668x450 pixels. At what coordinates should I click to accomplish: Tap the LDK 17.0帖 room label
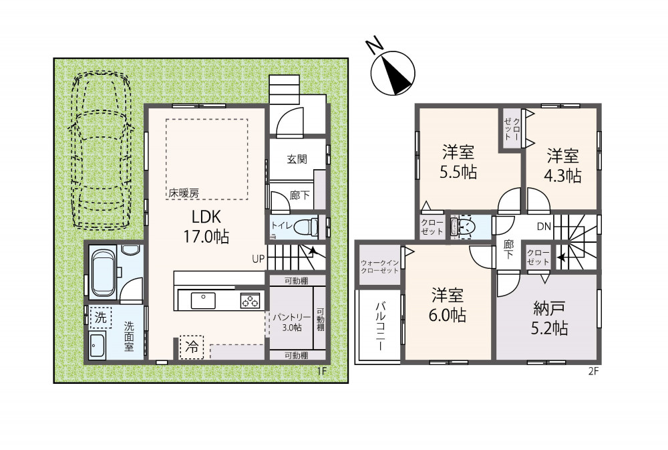pyautogui.click(x=206, y=226)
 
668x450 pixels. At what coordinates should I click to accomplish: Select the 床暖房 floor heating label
pyautogui.click(x=184, y=193)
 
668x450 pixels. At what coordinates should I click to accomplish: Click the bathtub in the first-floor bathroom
pyautogui.click(x=104, y=273)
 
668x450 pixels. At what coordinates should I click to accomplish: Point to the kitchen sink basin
pyautogui.click(x=203, y=301)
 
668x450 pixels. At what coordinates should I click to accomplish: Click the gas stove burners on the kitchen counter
pyautogui.click(x=250, y=300)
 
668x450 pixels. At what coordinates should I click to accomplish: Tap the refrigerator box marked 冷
pyautogui.click(x=192, y=347)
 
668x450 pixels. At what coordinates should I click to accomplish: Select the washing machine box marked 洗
pyautogui.click(x=101, y=318)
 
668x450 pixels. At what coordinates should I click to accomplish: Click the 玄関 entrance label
pyautogui.click(x=297, y=159)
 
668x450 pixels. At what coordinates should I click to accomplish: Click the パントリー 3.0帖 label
pyautogui.click(x=292, y=322)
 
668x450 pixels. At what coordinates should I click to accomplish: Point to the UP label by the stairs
pyautogui.click(x=258, y=259)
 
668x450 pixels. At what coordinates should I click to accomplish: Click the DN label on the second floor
pyautogui.click(x=544, y=227)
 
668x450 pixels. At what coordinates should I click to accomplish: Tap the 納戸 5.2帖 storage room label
pyautogui.click(x=549, y=318)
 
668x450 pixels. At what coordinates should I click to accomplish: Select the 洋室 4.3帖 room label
pyautogui.click(x=562, y=166)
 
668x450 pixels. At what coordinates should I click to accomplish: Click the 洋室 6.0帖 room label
pyautogui.click(x=448, y=305)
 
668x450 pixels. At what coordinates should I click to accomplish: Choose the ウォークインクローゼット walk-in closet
pyautogui.click(x=379, y=267)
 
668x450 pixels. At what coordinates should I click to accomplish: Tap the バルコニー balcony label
pyautogui.click(x=381, y=326)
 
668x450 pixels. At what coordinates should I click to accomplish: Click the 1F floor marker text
pyautogui.click(x=322, y=372)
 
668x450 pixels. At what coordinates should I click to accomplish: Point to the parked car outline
pyautogui.click(x=102, y=149)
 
